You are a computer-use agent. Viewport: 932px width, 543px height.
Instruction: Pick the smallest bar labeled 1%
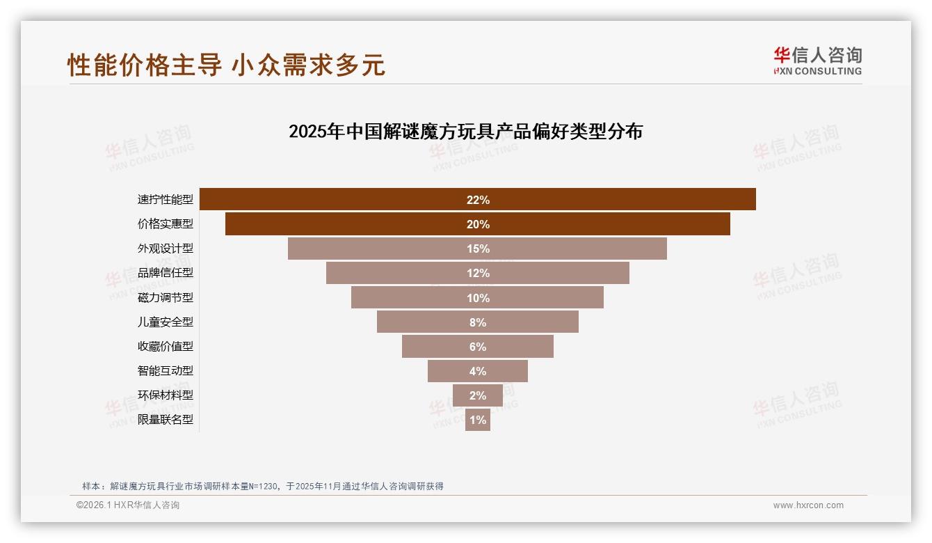478,420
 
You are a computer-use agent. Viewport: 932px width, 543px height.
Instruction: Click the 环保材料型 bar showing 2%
478,395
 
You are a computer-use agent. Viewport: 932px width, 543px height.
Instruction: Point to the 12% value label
478,273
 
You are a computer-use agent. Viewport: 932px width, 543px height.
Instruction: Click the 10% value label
478,298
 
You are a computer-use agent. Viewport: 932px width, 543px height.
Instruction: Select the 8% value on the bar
478,322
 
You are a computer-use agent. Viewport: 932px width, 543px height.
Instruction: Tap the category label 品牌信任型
166,273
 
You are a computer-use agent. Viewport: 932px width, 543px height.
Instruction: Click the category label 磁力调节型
166,297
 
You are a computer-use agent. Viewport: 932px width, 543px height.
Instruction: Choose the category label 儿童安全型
166,322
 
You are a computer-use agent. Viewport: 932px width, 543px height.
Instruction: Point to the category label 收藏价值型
166,346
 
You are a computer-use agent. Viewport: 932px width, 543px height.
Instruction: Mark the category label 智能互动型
166,370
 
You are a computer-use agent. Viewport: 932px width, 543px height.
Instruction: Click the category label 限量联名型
166,420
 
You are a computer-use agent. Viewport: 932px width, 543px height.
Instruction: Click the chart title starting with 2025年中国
465,132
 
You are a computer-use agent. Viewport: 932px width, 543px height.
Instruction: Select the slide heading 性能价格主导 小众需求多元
226,65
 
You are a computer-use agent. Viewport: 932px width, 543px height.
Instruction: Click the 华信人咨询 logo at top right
817,61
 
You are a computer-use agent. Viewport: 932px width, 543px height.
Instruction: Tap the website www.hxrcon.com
808,505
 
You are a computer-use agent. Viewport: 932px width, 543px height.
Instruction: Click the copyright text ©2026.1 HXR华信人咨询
128,505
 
